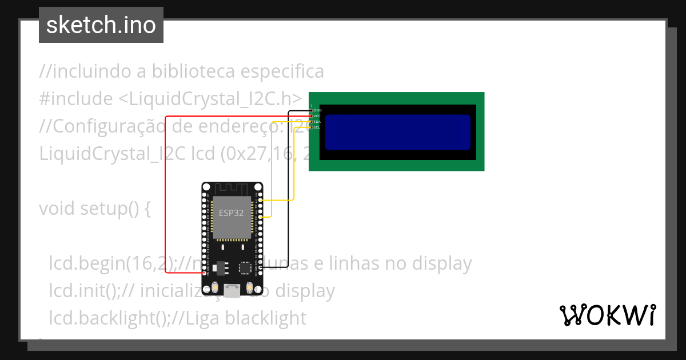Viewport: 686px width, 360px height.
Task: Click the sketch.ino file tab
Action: tap(101, 25)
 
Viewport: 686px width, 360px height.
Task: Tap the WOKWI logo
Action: tap(607, 315)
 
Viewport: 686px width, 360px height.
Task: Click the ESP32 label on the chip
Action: tap(232, 213)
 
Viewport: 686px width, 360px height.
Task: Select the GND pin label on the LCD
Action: tap(317, 110)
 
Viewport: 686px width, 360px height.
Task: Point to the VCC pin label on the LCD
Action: tap(317, 116)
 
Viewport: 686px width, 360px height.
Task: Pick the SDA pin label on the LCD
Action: tap(317, 122)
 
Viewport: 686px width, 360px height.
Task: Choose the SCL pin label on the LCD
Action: tap(317, 127)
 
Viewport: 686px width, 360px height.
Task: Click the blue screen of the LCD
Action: tap(398, 132)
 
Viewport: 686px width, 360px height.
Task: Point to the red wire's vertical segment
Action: tap(166, 194)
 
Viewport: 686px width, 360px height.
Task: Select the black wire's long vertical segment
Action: tap(288, 189)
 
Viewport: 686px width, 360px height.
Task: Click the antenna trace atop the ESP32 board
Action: tap(232, 188)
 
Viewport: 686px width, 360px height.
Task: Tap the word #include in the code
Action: tap(76, 99)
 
